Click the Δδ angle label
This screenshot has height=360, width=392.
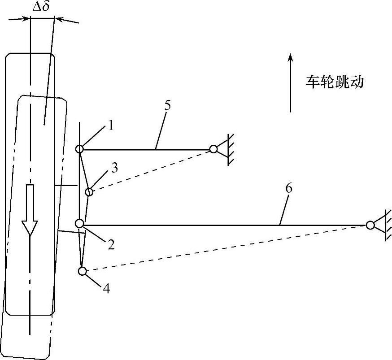click(41, 7)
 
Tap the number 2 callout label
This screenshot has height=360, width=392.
click(110, 244)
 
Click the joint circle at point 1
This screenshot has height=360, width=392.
click(79, 149)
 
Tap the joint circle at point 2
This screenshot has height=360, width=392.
click(79, 223)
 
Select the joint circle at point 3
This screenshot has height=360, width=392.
click(89, 192)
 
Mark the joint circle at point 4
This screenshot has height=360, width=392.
click(82, 271)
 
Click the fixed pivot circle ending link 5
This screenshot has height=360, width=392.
click(213, 149)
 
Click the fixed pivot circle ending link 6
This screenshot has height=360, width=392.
click(370, 225)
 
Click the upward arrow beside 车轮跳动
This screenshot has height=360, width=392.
click(290, 83)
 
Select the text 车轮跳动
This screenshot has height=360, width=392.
click(334, 82)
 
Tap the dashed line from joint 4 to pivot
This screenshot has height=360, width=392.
click(224, 248)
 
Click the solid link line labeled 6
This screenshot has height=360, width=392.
click(224, 225)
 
